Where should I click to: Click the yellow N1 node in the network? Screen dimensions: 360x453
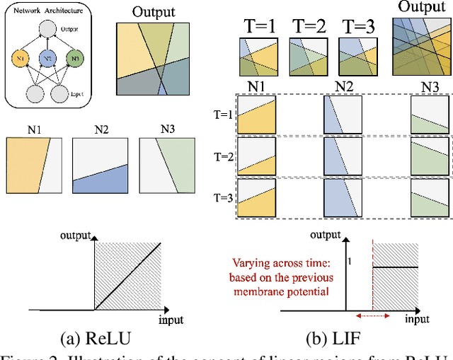pos(22,57)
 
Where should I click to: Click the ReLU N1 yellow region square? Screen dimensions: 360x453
pos(34,166)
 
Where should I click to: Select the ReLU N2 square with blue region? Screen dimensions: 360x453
pos(101,166)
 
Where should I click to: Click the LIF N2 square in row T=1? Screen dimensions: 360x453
pos(343,114)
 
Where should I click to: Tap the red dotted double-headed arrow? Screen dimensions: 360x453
pos(370,317)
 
